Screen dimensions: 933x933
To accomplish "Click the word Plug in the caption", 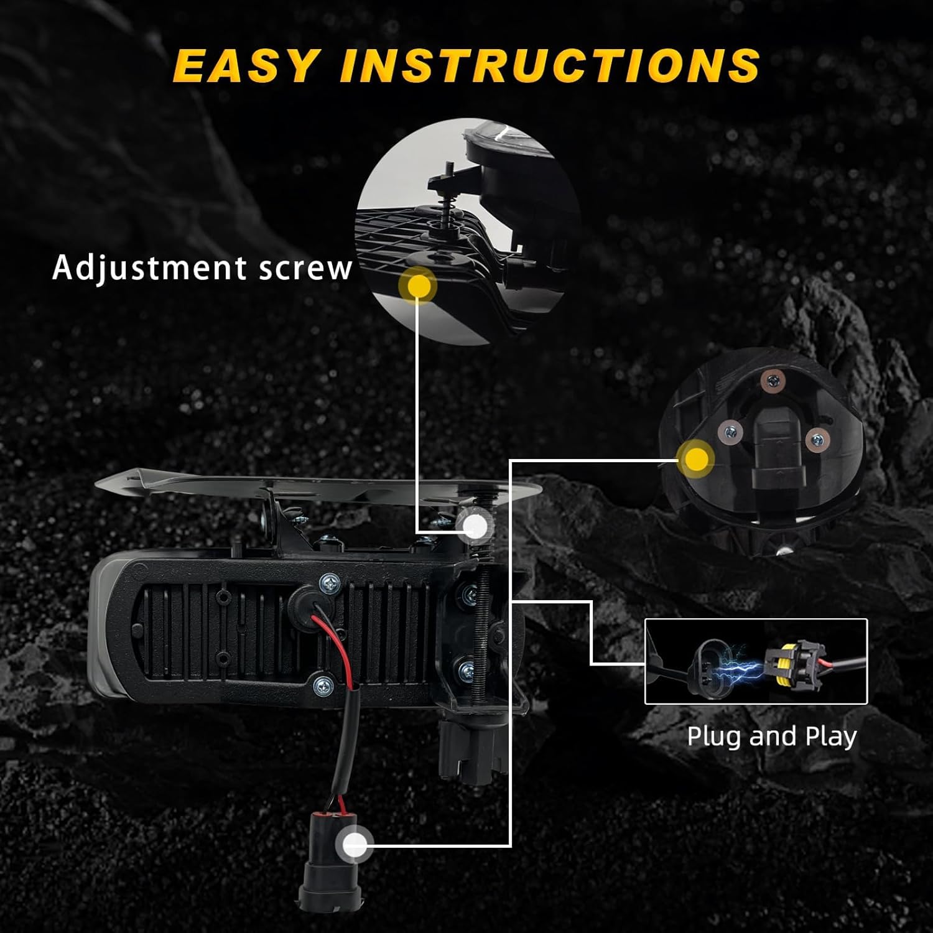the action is click(714, 736).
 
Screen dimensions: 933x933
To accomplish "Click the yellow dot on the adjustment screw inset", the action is click(420, 285).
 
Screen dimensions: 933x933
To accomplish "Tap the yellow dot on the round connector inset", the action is click(695, 459).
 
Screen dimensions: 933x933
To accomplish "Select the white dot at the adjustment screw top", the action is click(476, 526).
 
